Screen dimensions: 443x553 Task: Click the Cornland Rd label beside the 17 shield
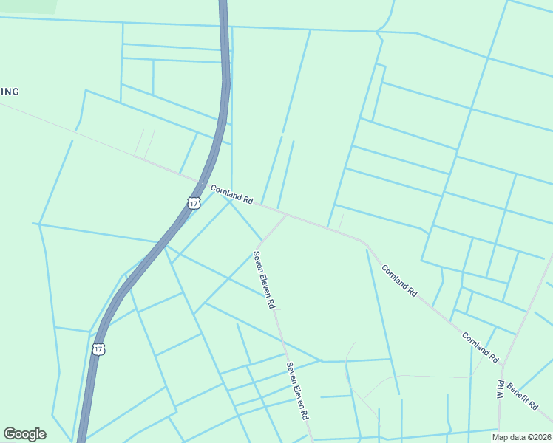tap(232, 195)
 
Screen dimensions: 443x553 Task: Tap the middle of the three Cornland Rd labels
tap(400, 281)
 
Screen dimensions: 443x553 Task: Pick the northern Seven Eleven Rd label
tap(265, 280)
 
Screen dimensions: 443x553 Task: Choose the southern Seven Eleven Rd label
tap(297, 391)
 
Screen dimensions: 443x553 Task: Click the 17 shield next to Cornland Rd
tap(194, 202)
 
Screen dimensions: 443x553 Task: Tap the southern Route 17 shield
tap(99, 348)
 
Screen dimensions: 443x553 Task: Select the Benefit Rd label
tap(522, 396)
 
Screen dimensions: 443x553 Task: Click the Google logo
tap(24, 434)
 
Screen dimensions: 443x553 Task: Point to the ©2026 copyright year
tap(539, 437)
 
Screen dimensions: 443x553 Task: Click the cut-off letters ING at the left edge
tap(10, 92)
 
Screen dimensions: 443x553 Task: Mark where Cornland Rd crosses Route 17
tap(203, 183)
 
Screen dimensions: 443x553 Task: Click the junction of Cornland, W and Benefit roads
tap(502, 364)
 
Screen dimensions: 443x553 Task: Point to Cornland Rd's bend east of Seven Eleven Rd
tap(365, 242)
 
